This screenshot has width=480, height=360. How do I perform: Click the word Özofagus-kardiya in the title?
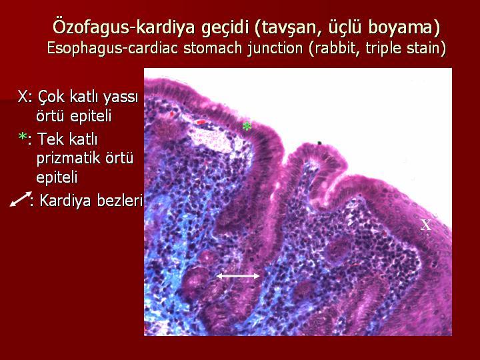tap(124, 27)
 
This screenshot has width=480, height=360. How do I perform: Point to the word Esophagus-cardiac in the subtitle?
tap(113, 48)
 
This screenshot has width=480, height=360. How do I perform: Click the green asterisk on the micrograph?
tap(247, 126)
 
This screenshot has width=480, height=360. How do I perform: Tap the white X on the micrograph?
tap(426, 225)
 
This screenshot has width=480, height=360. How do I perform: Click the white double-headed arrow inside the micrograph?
tap(238, 276)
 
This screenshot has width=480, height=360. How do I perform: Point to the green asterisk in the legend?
tap(23, 137)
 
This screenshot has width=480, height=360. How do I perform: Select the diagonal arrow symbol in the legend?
tap(21, 199)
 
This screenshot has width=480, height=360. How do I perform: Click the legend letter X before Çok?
tap(23, 97)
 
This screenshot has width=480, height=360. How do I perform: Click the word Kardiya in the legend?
tap(65, 201)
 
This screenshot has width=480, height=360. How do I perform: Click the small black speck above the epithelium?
tap(319, 143)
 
